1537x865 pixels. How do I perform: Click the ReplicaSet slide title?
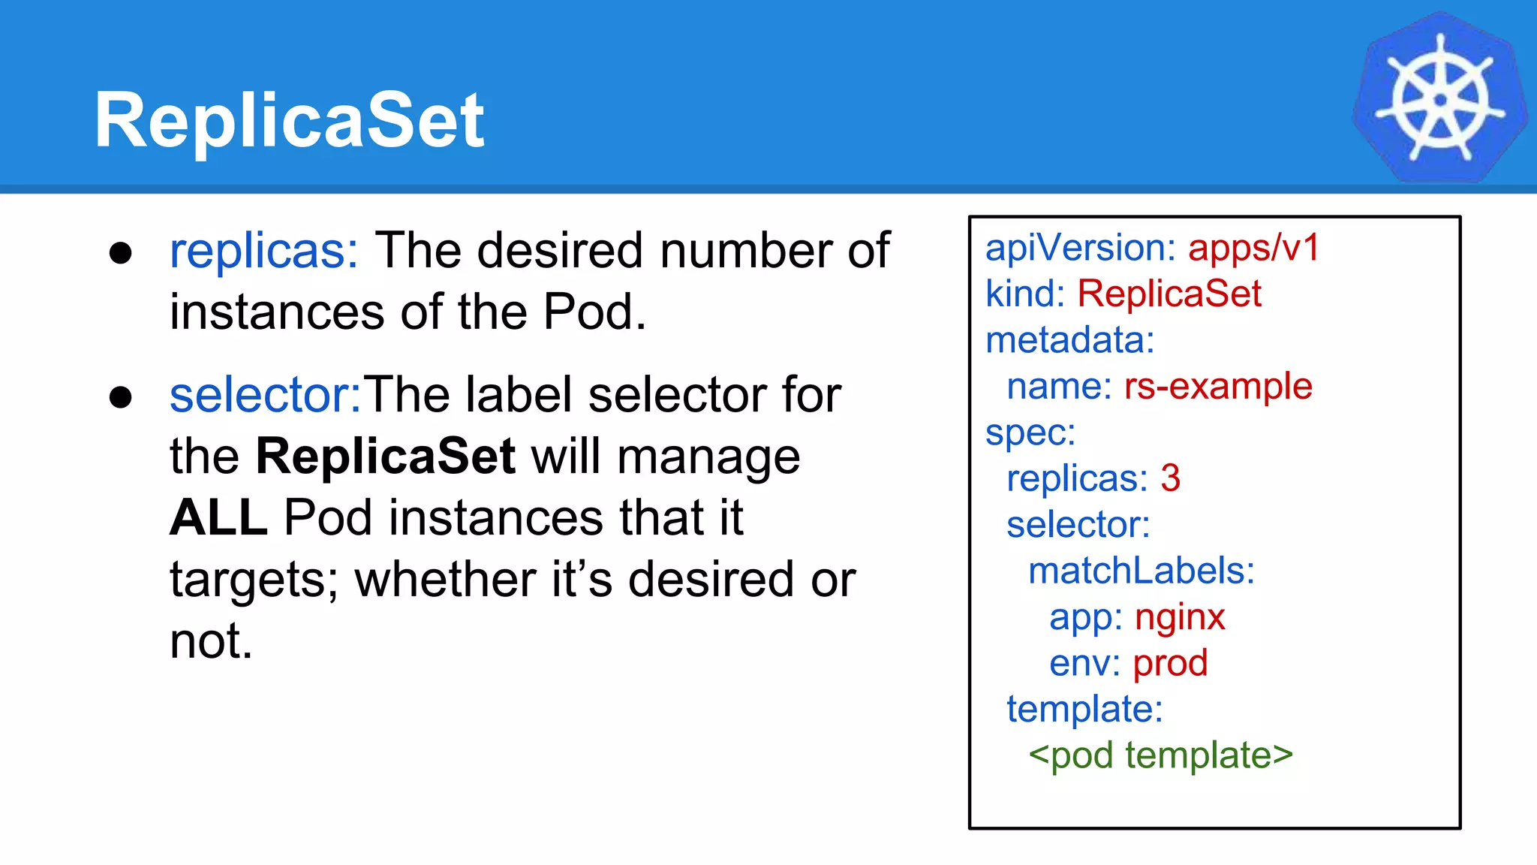(x=289, y=120)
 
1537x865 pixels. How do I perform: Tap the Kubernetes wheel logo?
(x=1439, y=98)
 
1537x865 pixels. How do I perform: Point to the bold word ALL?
(x=218, y=517)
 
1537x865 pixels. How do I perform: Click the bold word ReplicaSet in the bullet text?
(x=385, y=456)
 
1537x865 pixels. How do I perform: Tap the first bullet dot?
(x=121, y=253)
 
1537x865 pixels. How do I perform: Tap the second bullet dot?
(x=121, y=397)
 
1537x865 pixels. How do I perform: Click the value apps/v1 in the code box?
(x=1253, y=248)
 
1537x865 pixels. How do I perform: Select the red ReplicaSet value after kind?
(x=1169, y=294)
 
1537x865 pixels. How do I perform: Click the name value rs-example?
(x=1218, y=387)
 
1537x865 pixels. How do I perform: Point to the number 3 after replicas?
(x=1171, y=478)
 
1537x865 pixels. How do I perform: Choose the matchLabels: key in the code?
(x=1141, y=571)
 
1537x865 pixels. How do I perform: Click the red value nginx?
(x=1180, y=617)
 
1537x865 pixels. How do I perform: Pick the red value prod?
(x=1170, y=664)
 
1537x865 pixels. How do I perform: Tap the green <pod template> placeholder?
(x=1160, y=755)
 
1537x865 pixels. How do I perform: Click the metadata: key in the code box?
(x=1070, y=340)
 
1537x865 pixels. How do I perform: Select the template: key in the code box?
(x=1084, y=709)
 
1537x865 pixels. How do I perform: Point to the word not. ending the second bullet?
(x=211, y=641)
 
